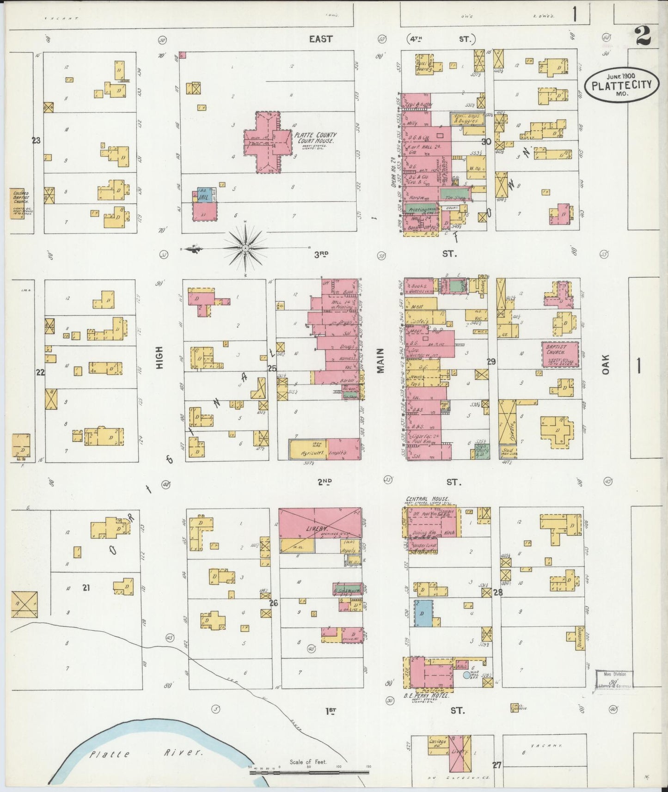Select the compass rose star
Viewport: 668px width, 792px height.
point(245,250)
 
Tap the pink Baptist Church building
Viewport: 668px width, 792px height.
point(560,354)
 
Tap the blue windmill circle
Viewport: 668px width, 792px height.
point(466,675)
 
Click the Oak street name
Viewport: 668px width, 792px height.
point(606,364)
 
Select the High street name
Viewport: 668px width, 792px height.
point(160,358)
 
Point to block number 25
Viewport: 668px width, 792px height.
point(272,368)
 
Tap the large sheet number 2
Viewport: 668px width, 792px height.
point(643,36)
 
